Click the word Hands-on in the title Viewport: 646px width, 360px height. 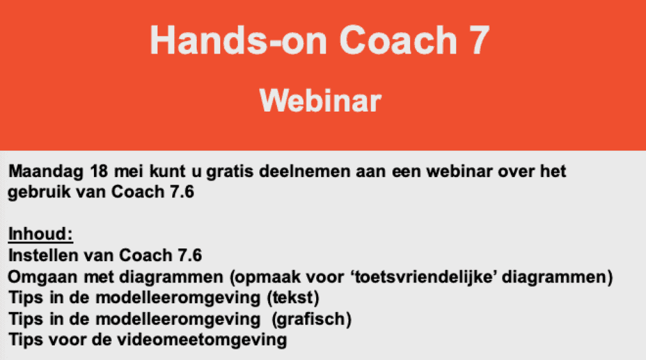click(x=238, y=40)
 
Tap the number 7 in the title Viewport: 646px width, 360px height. click(x=479, y=40)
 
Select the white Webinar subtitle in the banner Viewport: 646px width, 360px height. click(x=320, y=100)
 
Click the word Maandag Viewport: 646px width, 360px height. click(x=45, y=171)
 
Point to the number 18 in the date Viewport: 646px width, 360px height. click(x=99, y=171)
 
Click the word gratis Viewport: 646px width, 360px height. click(x=230, y=171)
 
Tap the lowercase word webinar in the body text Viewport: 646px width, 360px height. click(x=459, y=171)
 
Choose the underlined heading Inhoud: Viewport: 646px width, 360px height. click(x=40, y=234)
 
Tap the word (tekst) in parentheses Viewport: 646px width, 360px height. click(x=293, y=298)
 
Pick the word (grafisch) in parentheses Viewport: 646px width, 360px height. click(x=312, y=319)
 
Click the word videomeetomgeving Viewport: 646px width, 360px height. click(x=203, y=340)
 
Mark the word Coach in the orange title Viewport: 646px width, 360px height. click(x=399, y=40)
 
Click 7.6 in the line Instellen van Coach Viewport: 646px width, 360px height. click(x=190, y=255)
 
